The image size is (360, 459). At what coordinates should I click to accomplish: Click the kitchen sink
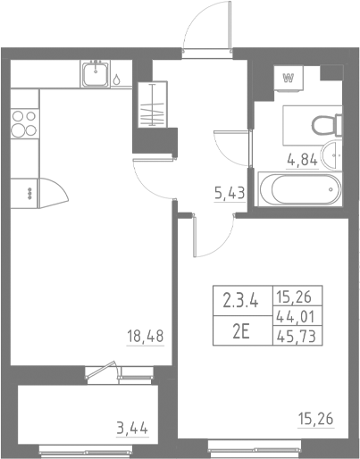click(x=96, y=74)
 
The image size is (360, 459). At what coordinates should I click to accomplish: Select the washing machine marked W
click(x=289, y=78)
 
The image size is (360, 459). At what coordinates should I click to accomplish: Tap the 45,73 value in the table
click(x=299, y=337)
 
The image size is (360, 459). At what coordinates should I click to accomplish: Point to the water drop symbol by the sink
click(x=117, y=79)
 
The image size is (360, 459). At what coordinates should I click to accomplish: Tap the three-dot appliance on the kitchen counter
click(x=29, y=191)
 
